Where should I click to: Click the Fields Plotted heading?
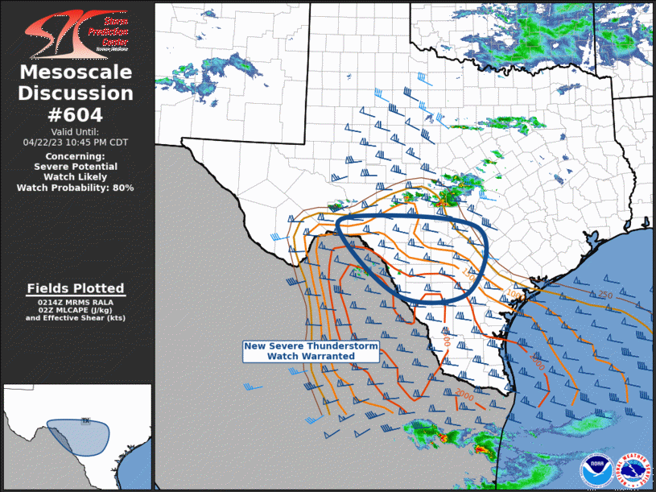pyautogui.click(x=75, y=288)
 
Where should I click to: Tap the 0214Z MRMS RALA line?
pyautogui.click(x=75, y=302)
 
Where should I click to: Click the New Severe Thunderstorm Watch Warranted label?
pyautogui.click(x=311, y=350)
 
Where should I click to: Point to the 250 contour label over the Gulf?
pyautogui.click(x=606, y=296)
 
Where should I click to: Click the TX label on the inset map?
pyautogui.click(x=85, y=420)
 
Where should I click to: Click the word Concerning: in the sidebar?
pyautogui.click(x=75, y=156)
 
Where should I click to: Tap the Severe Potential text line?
pyautogui.click(x=75, y=167)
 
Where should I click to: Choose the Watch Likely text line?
pyautogui.click(x=75, y=177)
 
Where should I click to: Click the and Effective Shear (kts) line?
pyautogui.click(x=75, y=318)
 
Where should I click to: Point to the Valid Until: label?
pyautogui.click(x=75, y=132)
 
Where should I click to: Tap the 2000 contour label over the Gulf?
pyautogui.click(x=463, y=395)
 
